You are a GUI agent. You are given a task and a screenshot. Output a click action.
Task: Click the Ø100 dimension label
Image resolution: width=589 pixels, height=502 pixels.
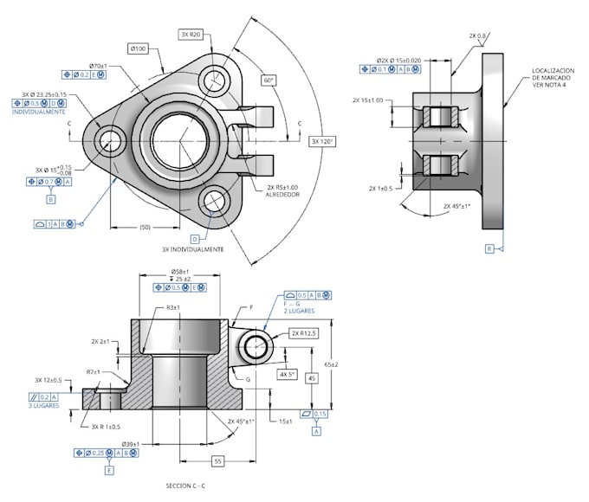point(139,48)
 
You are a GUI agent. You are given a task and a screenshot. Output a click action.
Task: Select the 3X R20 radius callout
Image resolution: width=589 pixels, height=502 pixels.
point(191,34)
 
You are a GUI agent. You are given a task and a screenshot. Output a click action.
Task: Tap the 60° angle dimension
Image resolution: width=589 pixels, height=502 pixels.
point(269,80)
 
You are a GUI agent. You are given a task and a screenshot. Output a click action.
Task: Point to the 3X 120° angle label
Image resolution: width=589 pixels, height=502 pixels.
point(321,141)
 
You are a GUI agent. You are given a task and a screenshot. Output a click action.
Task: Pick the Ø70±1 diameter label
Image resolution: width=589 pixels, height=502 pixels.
point(103,65)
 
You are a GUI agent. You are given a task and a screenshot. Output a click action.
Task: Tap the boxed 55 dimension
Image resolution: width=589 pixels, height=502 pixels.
point(218,461)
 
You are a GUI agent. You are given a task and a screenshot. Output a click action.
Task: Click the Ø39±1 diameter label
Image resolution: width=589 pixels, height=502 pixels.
point(131,443)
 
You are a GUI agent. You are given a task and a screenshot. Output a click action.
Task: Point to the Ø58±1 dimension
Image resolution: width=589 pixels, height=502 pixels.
point(178,271)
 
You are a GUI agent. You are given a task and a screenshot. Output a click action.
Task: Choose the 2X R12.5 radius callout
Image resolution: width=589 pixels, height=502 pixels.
point(305,332)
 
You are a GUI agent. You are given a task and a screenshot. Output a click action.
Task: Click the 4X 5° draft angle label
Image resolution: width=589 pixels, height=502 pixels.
point(287,375)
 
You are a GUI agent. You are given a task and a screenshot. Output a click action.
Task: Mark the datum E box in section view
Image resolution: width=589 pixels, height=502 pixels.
point(109,470)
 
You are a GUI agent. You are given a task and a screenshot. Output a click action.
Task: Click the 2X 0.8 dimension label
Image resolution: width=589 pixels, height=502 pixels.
point(477,35)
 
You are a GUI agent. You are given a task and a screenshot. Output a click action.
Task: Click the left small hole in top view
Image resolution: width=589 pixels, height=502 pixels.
point(111,140)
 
